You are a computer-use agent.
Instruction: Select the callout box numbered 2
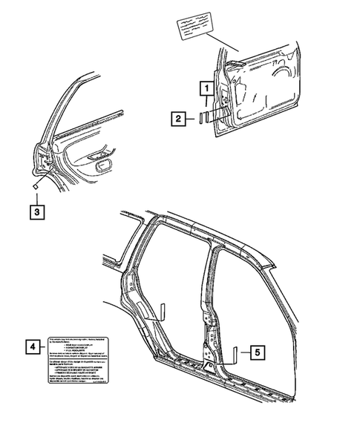coord(179,117)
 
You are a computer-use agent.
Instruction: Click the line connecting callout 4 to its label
coord(43,346)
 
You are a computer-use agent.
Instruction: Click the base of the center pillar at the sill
coord(211,367)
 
